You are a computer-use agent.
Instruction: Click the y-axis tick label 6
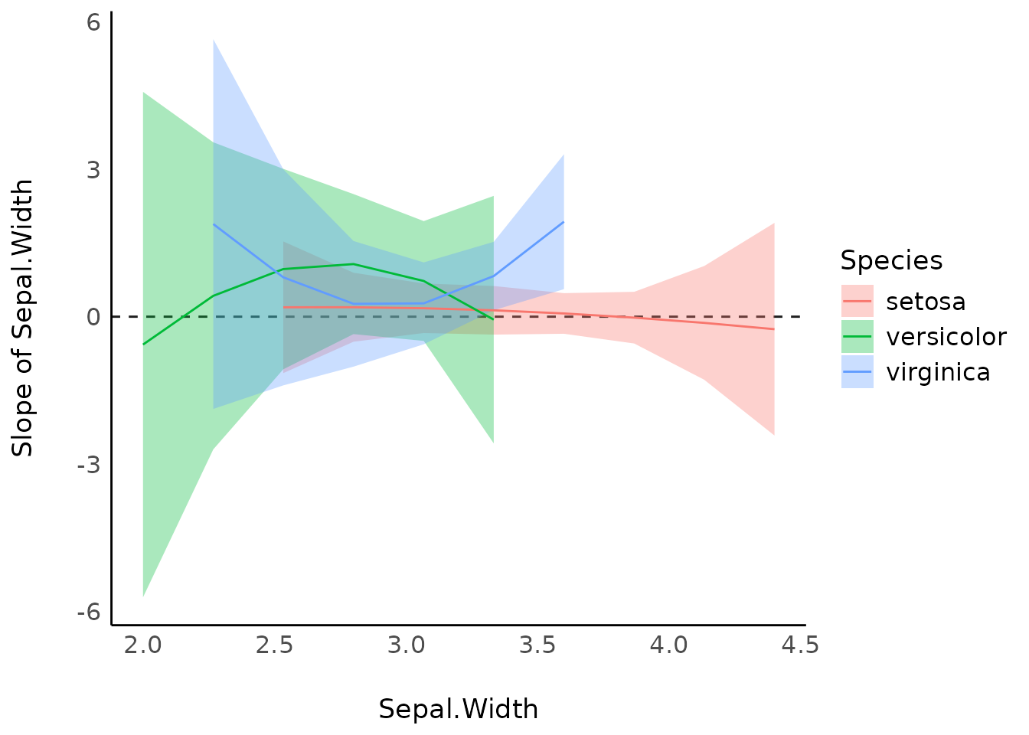click(93, 22)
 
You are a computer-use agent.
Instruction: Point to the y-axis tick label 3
click(93, 169)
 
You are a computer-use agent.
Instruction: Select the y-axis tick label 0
click(93, 317)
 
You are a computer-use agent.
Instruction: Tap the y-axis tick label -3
click(90, 465)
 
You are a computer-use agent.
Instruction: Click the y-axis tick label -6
click(90, 612)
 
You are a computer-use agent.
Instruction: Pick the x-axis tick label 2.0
click(143, 645)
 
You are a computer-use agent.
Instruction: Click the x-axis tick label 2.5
click(275, 645)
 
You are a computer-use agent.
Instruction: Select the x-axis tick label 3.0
click(406, 645)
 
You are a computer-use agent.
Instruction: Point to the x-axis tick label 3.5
click(537, 645)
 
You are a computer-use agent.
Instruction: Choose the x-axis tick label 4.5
click(800, 645)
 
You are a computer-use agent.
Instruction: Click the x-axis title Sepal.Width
click(458, 709)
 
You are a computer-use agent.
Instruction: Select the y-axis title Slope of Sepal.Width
click(23, 318)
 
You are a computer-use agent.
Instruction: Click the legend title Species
click(891, 260)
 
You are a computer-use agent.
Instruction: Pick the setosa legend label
click(926, 302)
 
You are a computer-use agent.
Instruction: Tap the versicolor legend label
click(946, 337)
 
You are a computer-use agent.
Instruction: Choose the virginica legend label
click(938, 372)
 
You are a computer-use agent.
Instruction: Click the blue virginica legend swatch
click(857, 372)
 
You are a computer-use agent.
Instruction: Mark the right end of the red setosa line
click(774, 329)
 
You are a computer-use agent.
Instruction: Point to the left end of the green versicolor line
click(143, 345)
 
